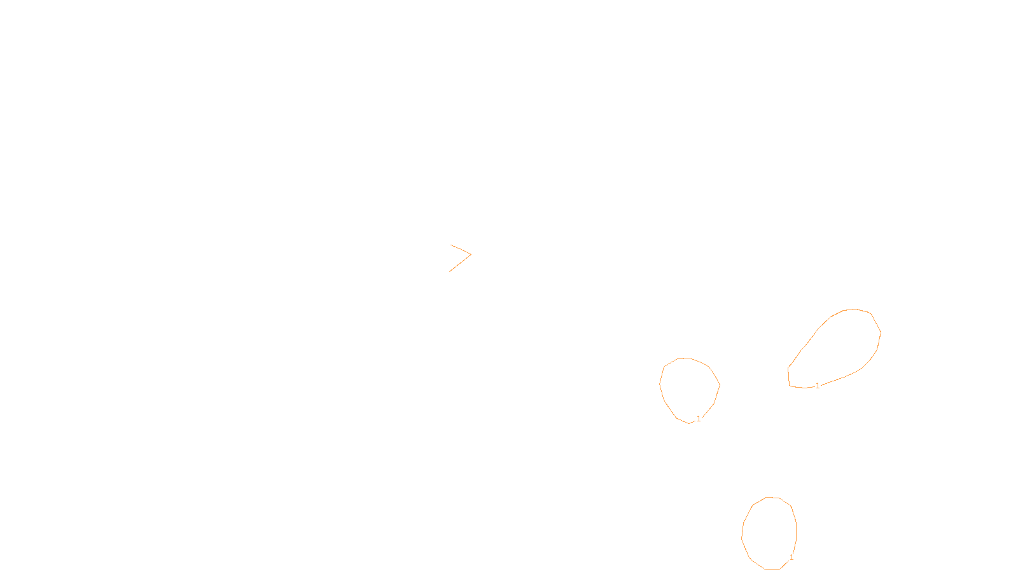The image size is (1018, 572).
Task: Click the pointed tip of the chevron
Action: click(x=471, y=254)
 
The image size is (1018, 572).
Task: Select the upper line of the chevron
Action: click(x=460, y=249)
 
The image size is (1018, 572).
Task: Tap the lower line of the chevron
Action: click(x=460, y=263)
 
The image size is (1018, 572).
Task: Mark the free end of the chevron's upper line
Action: click(x=450, y=245)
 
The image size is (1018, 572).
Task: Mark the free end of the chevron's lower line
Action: click(x=449, y=272)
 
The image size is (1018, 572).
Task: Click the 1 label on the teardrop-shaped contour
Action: click(x=818, y=385)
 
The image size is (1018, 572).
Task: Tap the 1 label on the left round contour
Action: click(x=699, y=418)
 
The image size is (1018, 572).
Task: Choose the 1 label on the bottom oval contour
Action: click(x=791, y=557)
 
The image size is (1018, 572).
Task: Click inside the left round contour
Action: click(x=689, y=389)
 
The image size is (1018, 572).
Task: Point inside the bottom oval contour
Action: click(x=769, y=533)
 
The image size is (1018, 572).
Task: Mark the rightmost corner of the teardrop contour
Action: click(x=881, y=332)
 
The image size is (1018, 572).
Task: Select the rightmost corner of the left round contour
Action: click(x=720, y=385)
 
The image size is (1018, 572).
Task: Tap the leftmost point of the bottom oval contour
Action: click(x=742, y=536)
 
